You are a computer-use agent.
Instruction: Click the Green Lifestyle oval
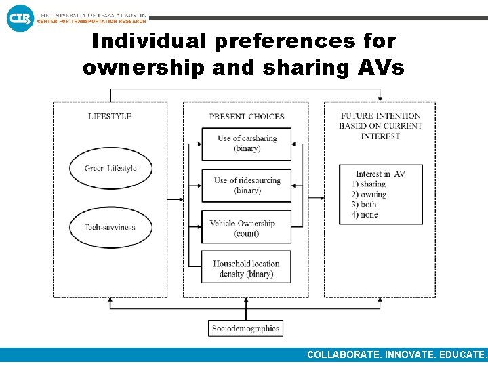click(110, 169)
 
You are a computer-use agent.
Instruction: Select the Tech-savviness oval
click(110, 228)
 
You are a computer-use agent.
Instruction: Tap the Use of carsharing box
click(247, 144)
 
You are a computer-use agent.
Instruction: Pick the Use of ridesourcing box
click(247, 186)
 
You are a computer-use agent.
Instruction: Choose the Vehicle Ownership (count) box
click(247, 228)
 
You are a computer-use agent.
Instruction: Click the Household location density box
click(247, 268)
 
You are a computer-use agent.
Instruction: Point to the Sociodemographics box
click(245, 329)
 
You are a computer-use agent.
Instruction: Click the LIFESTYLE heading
click(110, 116)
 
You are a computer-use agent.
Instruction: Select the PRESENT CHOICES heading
click(247, 117)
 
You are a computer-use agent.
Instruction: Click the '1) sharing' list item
click(369, 184)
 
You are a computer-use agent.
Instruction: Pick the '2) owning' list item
click(369, 195)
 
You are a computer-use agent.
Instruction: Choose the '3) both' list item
click(365, 205)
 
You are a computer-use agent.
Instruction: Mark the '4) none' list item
click(365, 215)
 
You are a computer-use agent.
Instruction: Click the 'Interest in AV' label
click(381, 174)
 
